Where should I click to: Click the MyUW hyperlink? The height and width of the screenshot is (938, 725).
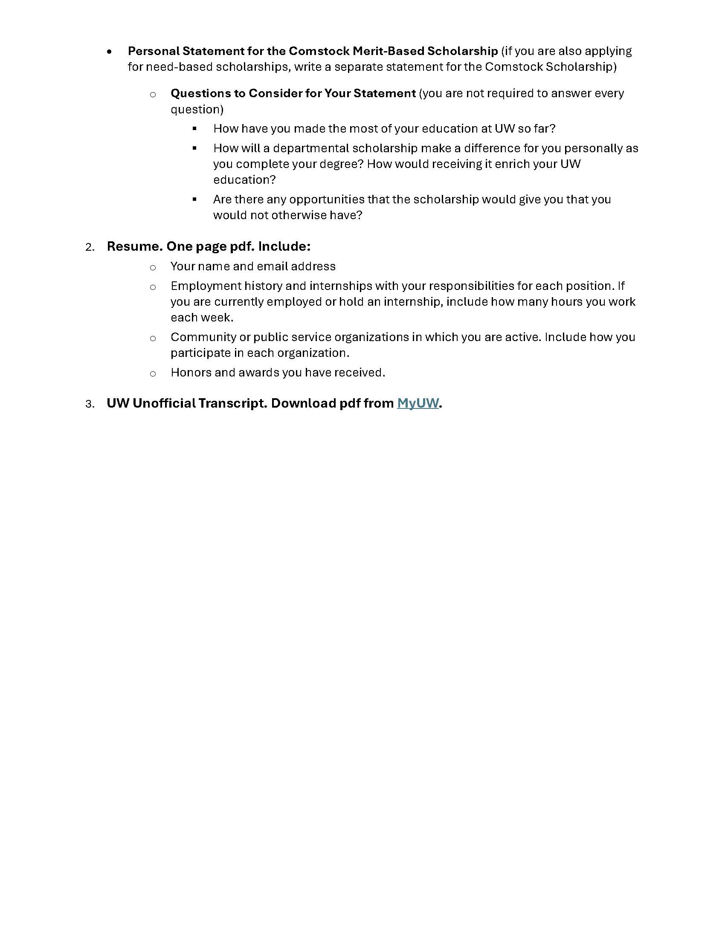pyautogui.click(x=418, y=403)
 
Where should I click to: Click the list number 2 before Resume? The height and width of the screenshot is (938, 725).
pyautogui.click(x=90, y=247)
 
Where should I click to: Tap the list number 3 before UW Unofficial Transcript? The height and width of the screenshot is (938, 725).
pyautogui.click(x=90, y=404)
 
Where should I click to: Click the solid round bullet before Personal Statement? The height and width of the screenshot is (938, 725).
pyautogui.click(x=110, y=52)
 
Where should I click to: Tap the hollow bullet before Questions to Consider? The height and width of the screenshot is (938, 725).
pyautogui.click(x=153, y=95)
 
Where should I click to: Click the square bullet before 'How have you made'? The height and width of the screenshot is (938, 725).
pyautogui.click(x=194, y=128)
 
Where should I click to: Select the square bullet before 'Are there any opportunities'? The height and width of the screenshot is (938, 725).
pyautogui.click(x=194, y=199)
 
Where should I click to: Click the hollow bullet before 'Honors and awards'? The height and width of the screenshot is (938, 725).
pyautogui.click(x=153, y=373)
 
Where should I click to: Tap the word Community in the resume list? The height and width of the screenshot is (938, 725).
pyautogui.click(x=203, y=337)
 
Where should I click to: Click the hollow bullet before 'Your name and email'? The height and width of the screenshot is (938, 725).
pyautogui.click(x=153, y=268)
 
